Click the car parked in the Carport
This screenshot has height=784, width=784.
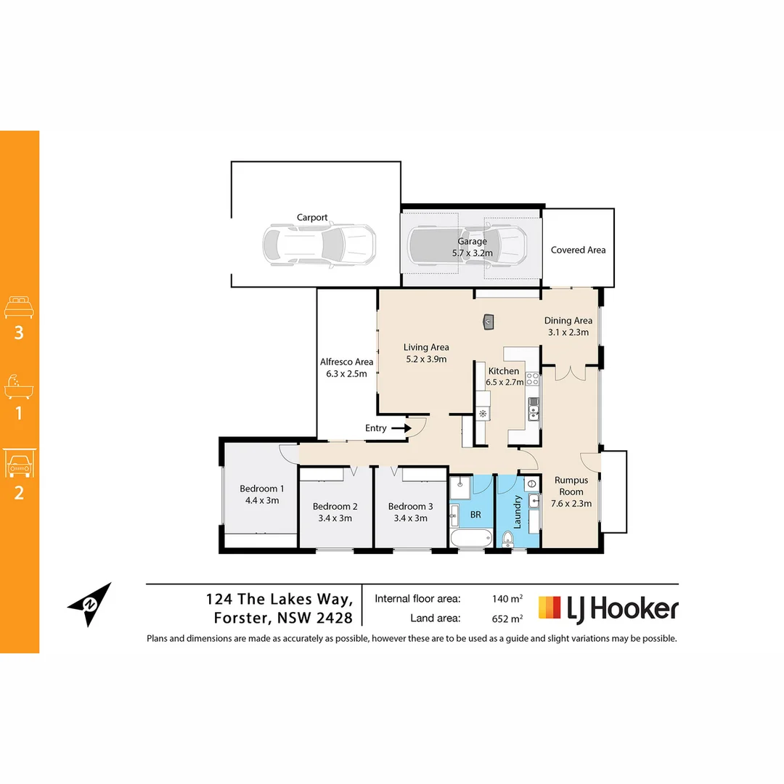click(319, 244)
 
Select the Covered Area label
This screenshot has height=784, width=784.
click(578, 250)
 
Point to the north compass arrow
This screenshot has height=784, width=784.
click(91, 603)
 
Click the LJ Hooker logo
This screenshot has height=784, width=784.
click(608, 608)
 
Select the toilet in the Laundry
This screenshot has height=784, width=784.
click(508, 538)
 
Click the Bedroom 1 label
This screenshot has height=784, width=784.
click(262, 489)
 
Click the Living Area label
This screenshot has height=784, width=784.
click(426, 347)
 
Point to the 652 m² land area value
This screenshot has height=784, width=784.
click(507, 619)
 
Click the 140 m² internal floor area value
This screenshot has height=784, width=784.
click(507, 599)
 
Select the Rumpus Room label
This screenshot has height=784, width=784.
click(571, 486)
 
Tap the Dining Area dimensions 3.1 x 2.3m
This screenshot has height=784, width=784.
click(568, 332)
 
